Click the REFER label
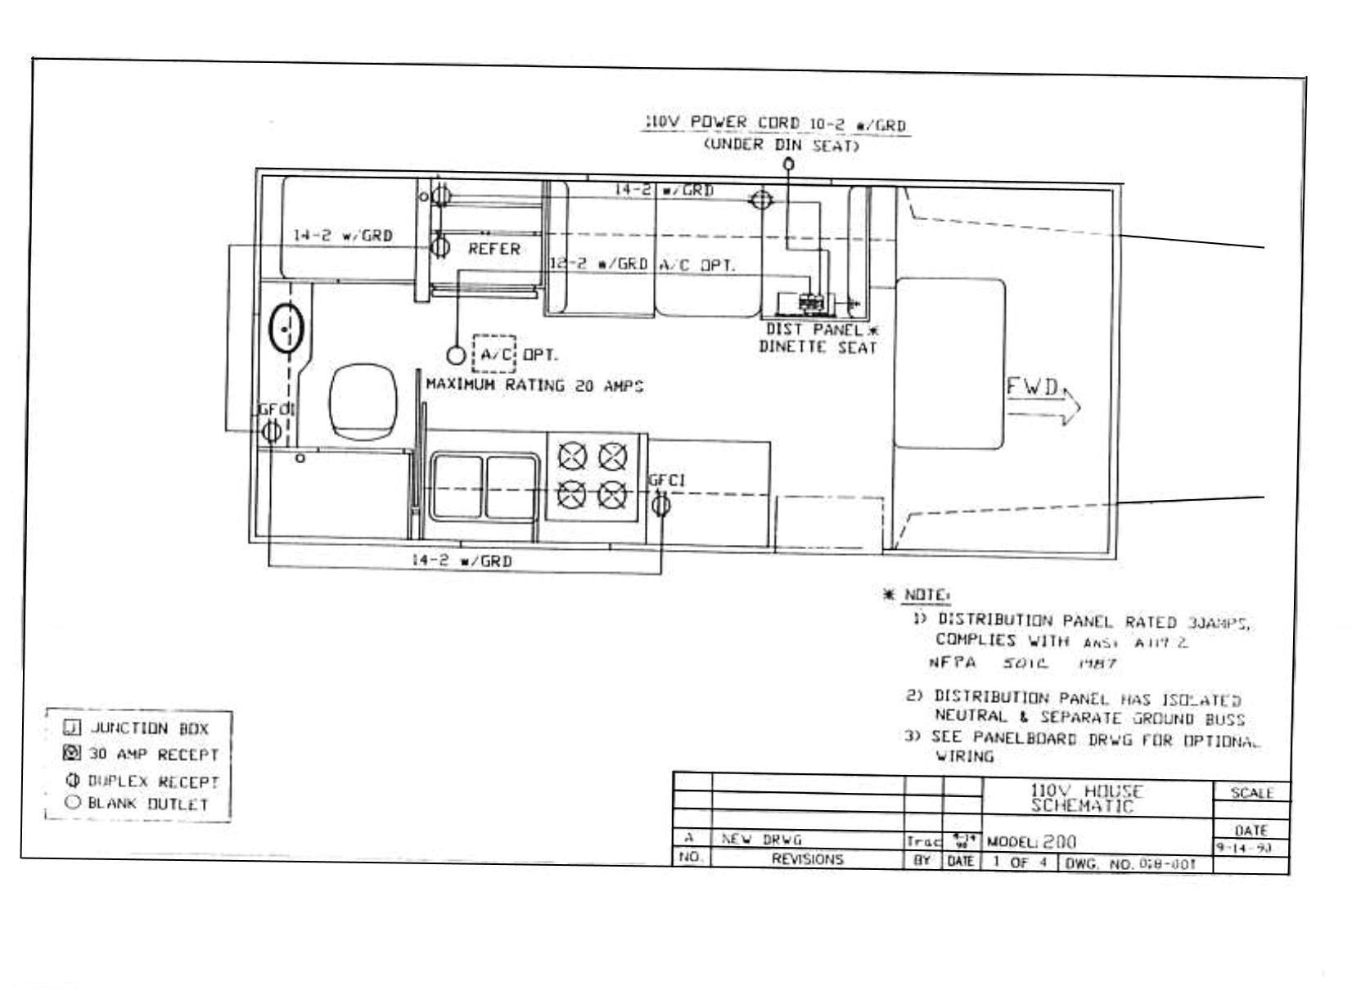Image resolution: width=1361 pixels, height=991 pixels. click(x=493, y=249)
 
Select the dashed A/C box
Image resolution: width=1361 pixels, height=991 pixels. click(x=494, y=354)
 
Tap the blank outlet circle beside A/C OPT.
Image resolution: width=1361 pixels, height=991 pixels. click(x=456, y=355)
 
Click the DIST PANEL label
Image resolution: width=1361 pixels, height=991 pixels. click(x=814, y=329)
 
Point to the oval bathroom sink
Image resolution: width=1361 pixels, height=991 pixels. click(x=286, y=328)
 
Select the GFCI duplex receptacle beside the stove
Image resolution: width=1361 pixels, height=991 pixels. click(x=660, y=505)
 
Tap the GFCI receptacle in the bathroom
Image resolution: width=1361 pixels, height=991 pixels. click(x=273, y=430)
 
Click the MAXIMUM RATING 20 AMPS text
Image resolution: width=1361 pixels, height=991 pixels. click(x=534, y=385)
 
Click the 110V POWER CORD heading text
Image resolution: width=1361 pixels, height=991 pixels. click(x=776, y=124)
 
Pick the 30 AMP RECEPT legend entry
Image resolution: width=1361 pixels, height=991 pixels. click(x=143, y=754)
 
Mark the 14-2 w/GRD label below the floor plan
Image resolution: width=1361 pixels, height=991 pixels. click(x=461, y=561)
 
